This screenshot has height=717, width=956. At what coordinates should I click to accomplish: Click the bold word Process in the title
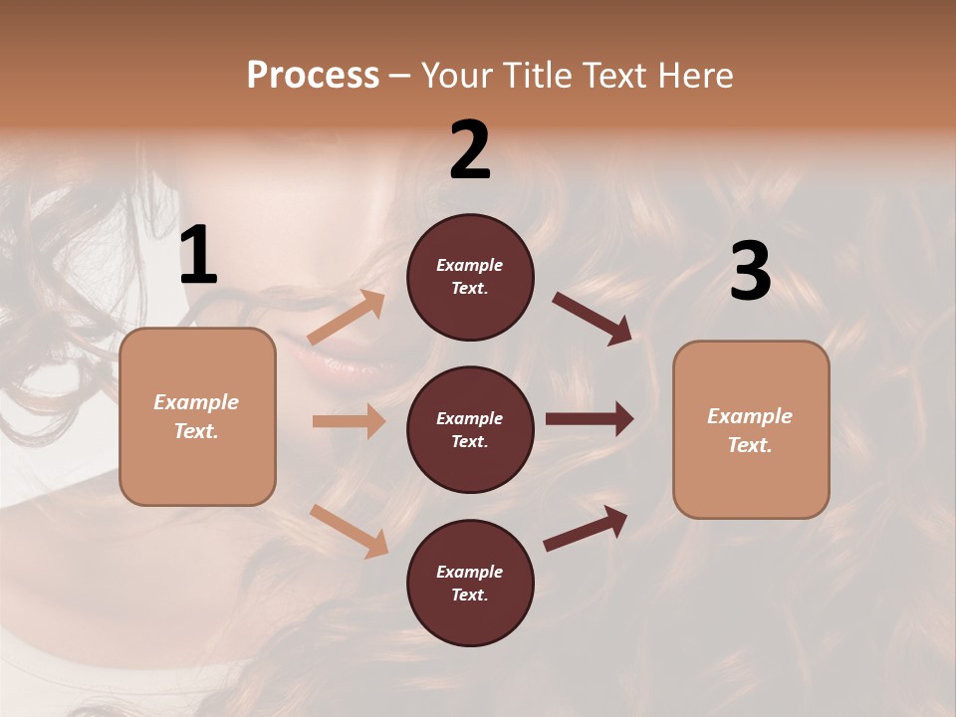(313, 76)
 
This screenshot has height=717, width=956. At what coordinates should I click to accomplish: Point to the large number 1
(198, 257)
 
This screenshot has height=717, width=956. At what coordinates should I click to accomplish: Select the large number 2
(470, 150)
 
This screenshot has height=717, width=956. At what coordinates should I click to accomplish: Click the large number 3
(750, 272)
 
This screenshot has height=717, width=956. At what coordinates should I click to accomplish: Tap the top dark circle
(470, 277)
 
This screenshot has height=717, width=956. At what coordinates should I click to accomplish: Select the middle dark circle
(470, 429)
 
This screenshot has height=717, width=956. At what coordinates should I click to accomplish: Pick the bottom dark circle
(470, 583)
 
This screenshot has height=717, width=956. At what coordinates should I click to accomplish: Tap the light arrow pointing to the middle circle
(349, 421)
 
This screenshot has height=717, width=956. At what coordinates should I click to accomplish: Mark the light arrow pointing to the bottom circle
(350, 531)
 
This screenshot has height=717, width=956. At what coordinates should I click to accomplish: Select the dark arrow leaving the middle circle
(590, 419)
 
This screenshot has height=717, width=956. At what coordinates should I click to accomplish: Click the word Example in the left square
(196, 402)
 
